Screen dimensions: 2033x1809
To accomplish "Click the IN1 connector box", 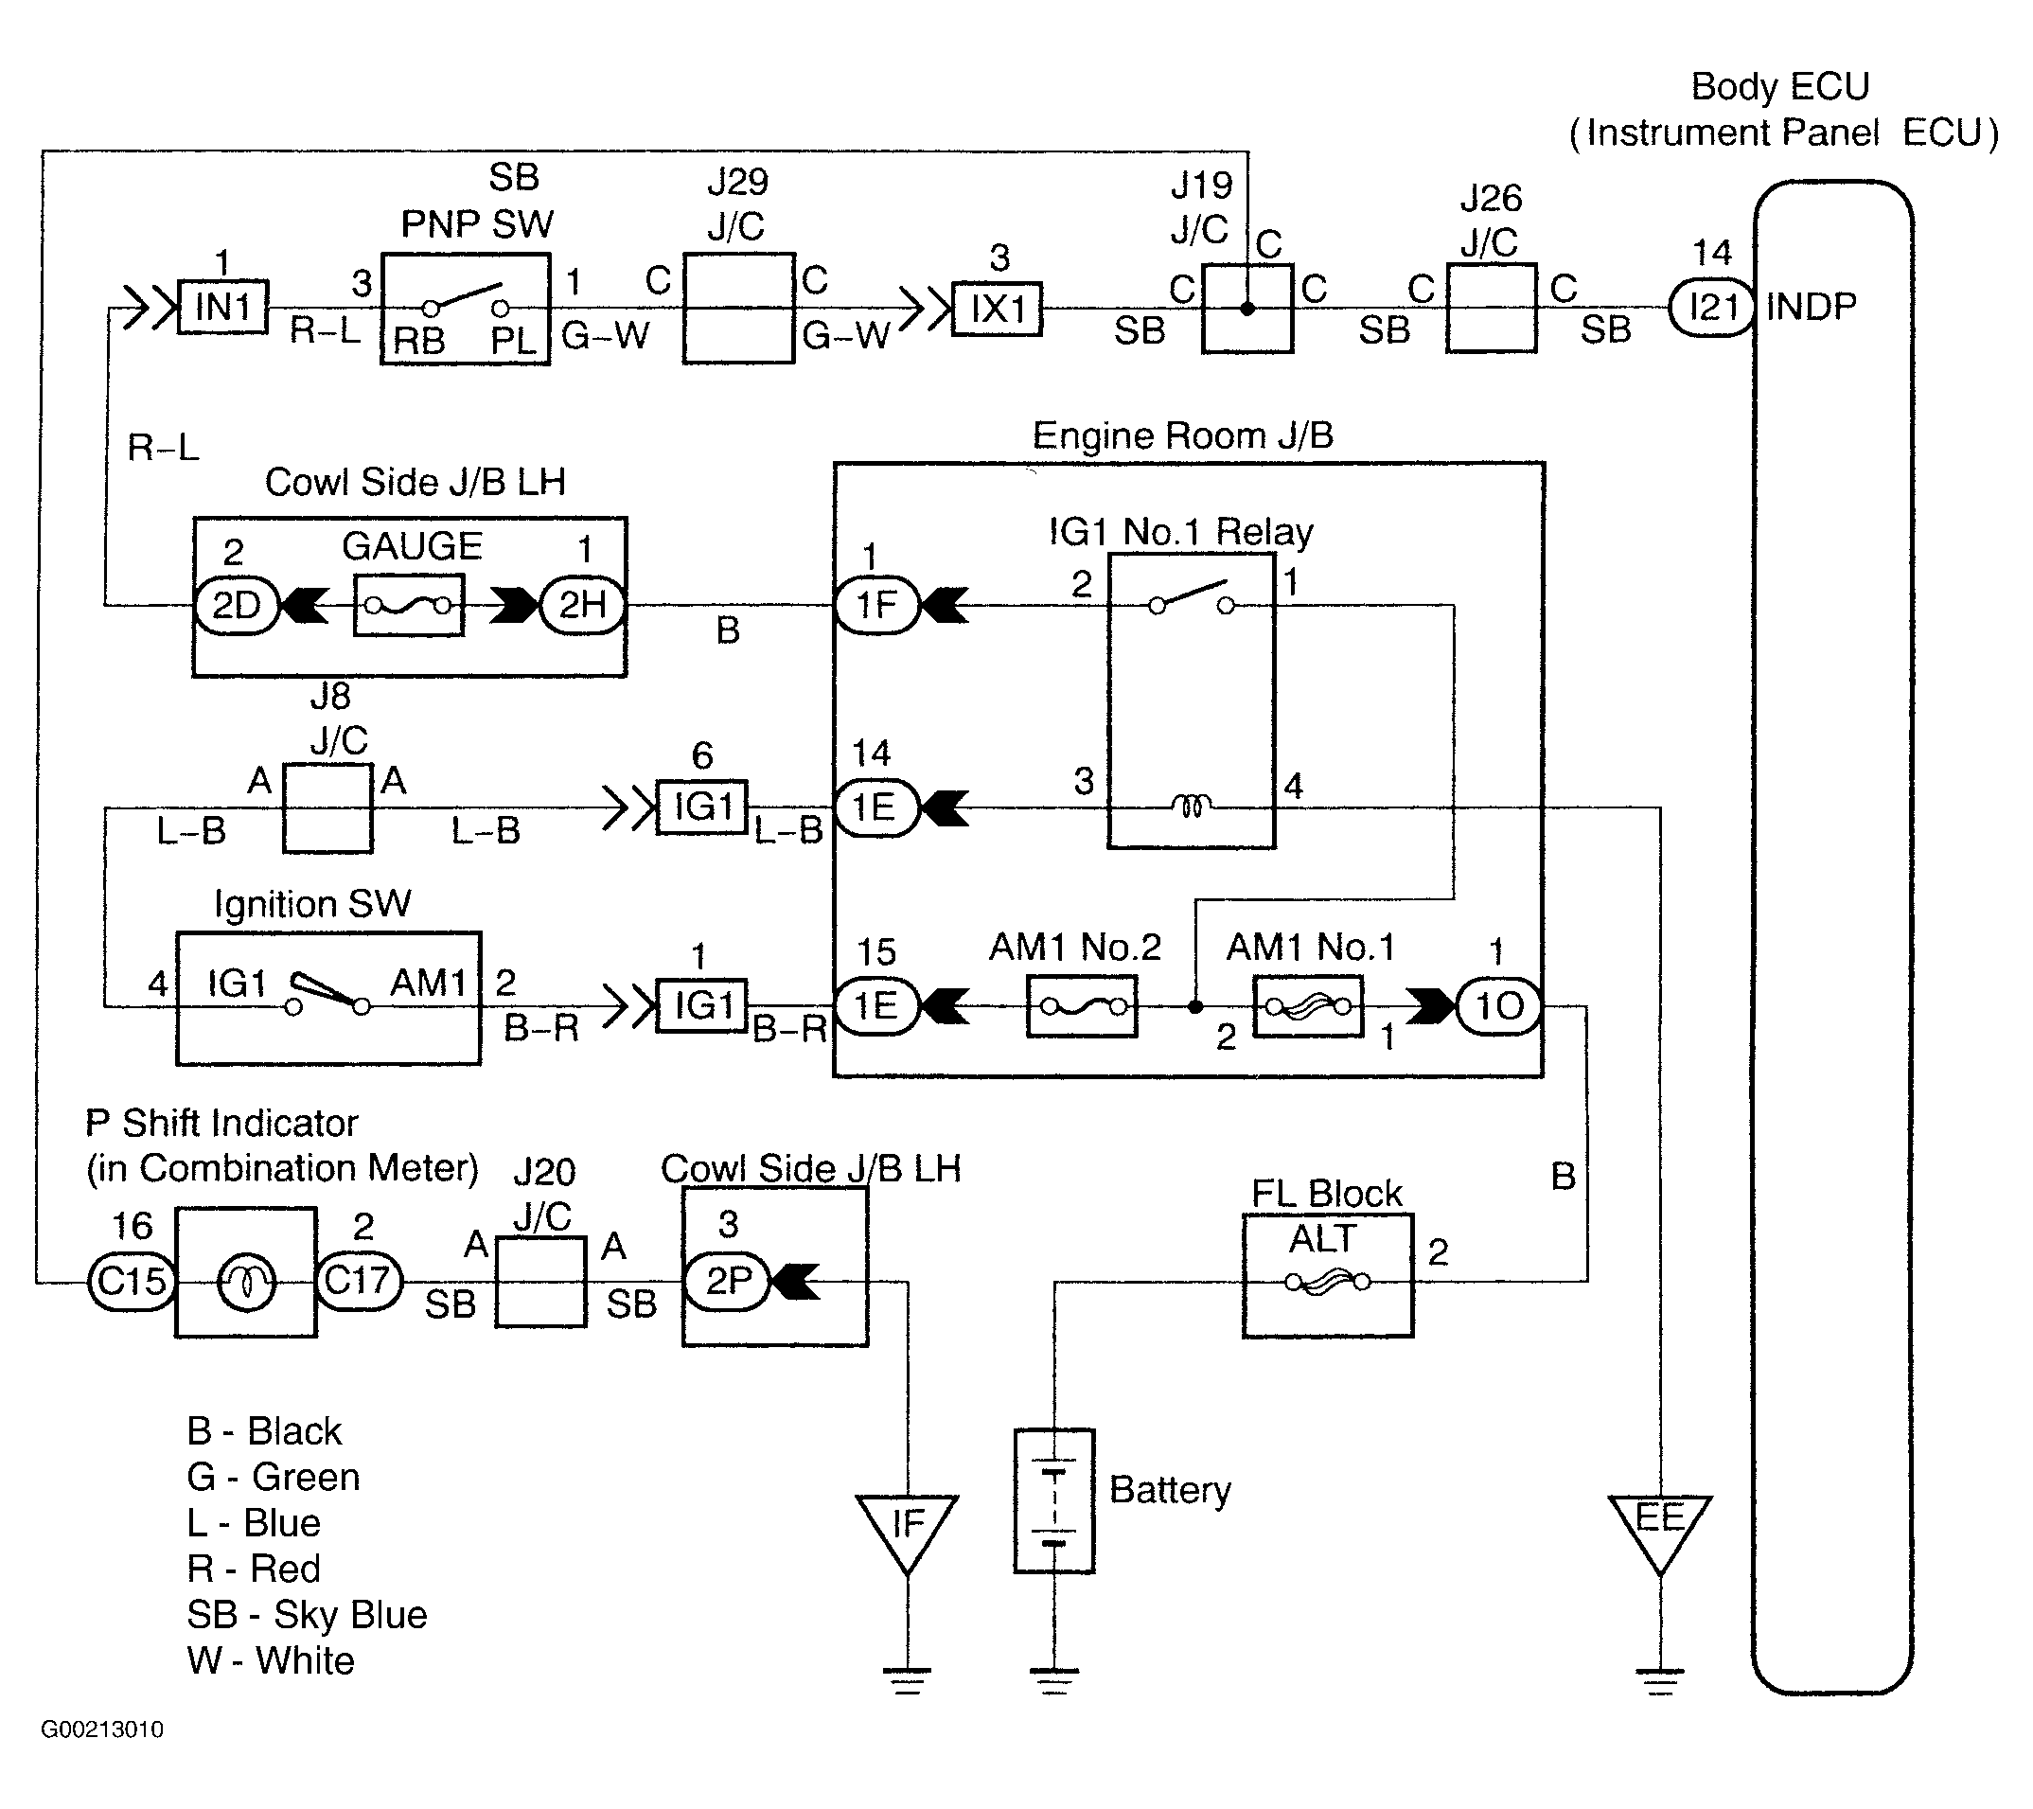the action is (222, 307).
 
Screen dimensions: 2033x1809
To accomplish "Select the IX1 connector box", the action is (998, 309).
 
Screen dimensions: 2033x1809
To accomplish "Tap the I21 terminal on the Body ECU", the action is (1711, 308).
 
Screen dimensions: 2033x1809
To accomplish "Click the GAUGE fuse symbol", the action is (409, 604).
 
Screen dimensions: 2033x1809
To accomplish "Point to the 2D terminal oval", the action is (236, 605).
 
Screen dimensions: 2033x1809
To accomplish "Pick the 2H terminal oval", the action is (583, 604).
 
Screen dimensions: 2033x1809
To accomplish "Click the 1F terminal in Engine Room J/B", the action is (876, 604).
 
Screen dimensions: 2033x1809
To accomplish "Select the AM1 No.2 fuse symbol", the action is (1081, 1007).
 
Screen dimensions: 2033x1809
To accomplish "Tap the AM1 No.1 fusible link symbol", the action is (1308, 1007).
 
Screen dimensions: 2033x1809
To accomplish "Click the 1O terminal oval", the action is (1499, 1007).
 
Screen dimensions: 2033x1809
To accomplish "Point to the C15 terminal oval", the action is (133, 1281).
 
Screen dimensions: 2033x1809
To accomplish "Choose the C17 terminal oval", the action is (359, 1281).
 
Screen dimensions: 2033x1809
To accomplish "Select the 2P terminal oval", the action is (727, 1281).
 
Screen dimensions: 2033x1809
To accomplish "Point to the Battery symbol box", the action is (1054, 1500).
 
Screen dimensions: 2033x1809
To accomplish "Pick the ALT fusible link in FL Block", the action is (1328, 1283).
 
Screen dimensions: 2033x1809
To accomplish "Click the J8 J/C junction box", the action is (328, 808).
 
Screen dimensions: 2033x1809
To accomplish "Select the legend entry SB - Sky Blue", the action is (308, 1614).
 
